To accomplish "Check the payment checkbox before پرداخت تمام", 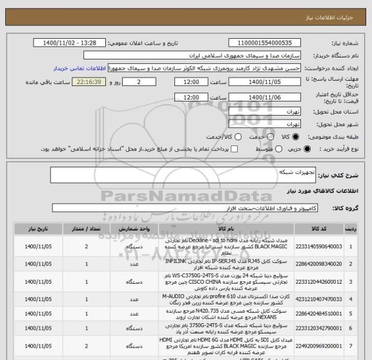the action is pos(234,149).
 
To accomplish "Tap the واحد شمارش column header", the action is pos(134,229).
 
